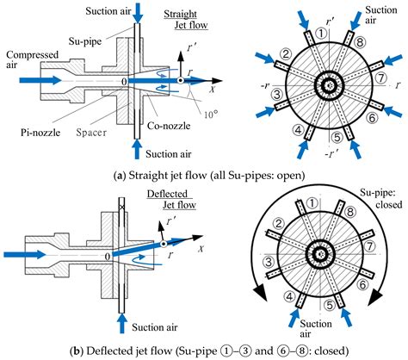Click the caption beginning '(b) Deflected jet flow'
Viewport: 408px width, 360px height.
(204, 349)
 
